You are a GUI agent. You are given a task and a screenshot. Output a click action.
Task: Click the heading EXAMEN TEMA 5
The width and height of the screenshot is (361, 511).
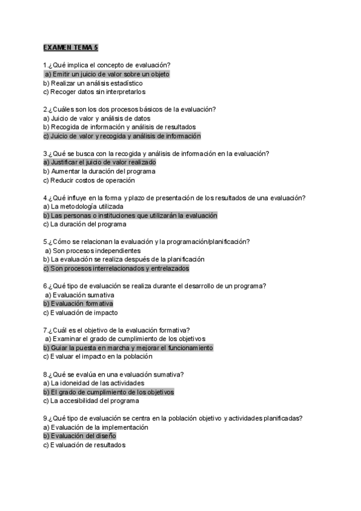[66, 47]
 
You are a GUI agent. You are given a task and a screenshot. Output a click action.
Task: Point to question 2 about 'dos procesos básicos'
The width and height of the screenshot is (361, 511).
[129, 110]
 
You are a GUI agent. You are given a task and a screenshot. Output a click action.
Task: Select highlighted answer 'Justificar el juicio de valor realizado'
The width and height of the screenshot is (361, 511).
[100, 163]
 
